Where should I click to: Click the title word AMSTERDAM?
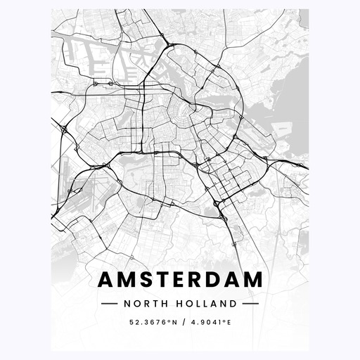[x=180, y=279]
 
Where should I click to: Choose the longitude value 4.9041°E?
[x=210, y=324]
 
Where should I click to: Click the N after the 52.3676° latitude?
[x=169, y=324]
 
